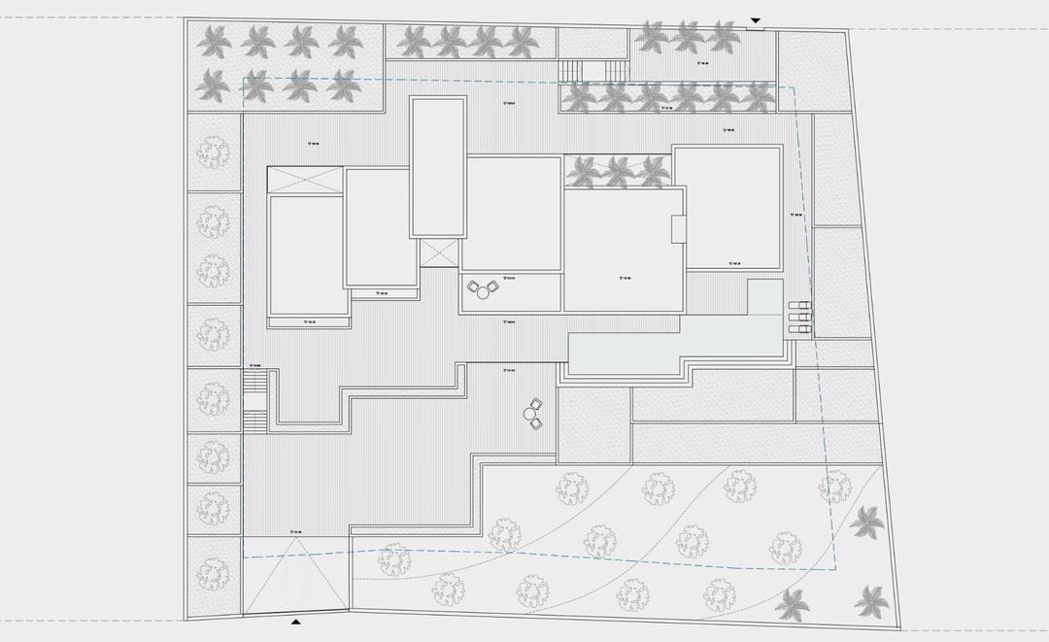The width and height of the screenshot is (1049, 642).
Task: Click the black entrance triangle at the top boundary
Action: click(756, 20)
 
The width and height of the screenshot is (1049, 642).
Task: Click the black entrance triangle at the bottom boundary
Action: click(296, 620)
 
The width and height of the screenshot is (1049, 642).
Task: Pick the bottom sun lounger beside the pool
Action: click(800, 329)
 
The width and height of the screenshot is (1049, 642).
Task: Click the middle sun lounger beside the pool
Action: click(800, 319)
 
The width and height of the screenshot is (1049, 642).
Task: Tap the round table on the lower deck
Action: click(530, 415)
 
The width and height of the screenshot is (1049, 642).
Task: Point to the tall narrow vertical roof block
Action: click(436, 167)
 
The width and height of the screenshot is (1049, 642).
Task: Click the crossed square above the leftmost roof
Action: click(305, 180)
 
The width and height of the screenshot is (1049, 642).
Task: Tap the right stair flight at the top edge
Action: click(616, 71)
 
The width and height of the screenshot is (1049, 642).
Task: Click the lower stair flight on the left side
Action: click(254, 422)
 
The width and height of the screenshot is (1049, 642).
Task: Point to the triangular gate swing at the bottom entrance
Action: click(296, 578)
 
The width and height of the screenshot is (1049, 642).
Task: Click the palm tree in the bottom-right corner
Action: click(871, 601)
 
